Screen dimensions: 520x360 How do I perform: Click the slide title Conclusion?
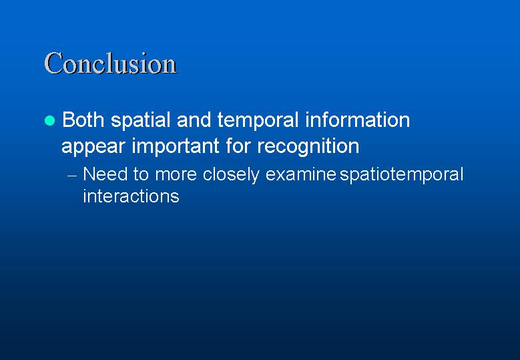point(110,63)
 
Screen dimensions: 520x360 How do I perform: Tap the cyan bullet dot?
point(49,120)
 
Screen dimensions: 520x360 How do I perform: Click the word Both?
point(83,120)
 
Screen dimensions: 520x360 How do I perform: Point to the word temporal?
point(258,121)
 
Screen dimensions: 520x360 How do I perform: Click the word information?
point(358,120)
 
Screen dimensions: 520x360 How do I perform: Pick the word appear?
point(93,147)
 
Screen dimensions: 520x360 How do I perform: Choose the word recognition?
point(308,147)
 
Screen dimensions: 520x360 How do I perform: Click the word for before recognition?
point(238,146)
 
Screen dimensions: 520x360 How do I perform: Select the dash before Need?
point(72,176)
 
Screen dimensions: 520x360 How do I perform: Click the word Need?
point(105,174)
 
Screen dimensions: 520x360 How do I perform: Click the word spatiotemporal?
point(401,175)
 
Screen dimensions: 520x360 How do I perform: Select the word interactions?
point(131,196)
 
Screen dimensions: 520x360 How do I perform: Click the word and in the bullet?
point(194,120)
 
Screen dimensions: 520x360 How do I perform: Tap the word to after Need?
point(142,174)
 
